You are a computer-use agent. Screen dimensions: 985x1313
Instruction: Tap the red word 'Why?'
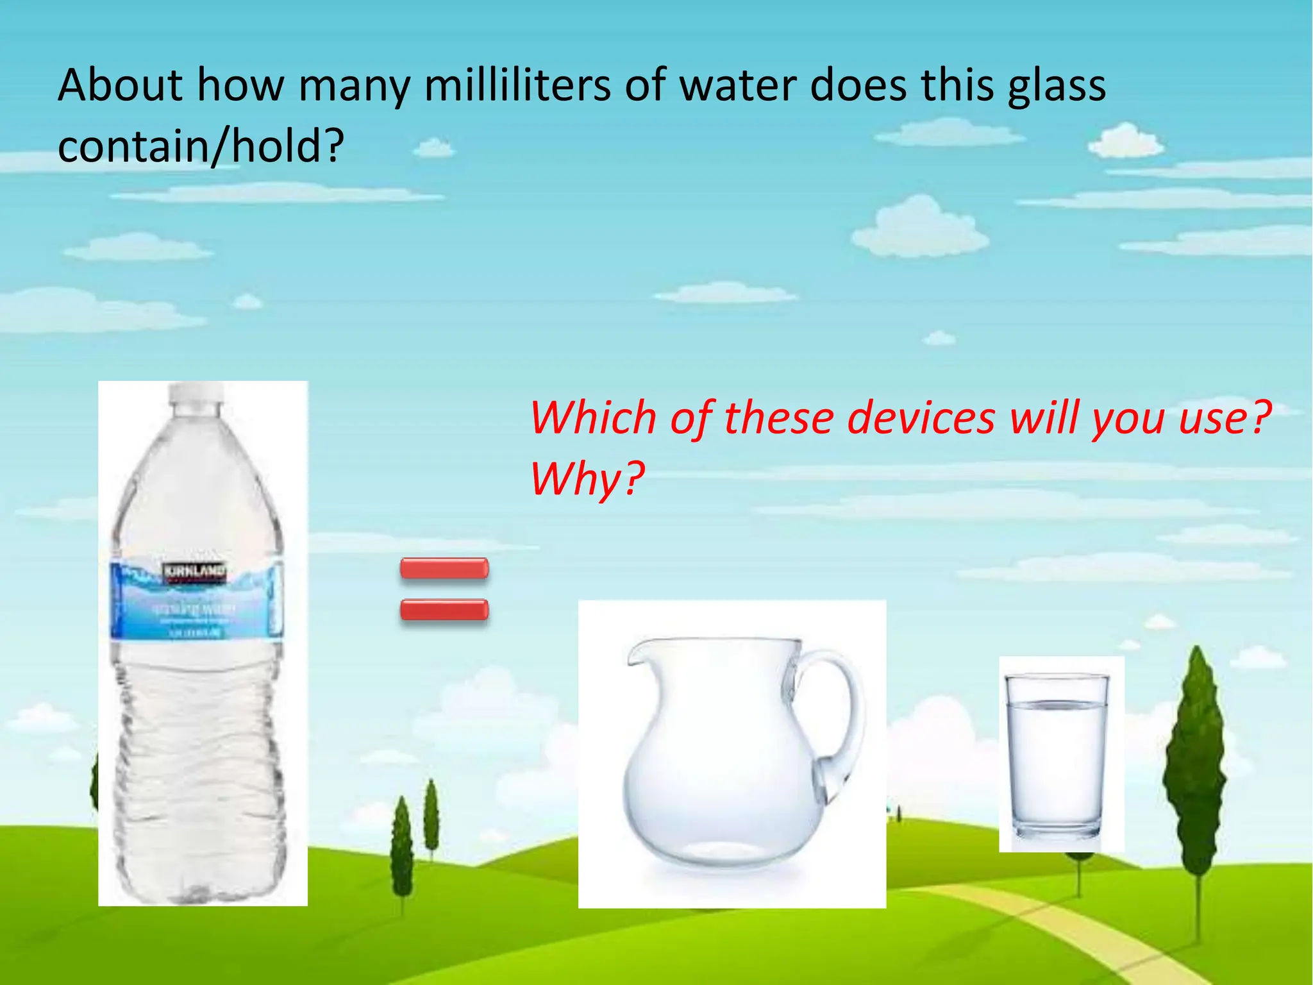pos(587,478)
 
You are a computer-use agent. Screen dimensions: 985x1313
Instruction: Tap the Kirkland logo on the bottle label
pos(194,571)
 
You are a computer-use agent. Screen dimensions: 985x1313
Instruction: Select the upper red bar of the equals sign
pos(444,569)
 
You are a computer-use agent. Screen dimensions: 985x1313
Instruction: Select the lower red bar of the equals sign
pos(444,609)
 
